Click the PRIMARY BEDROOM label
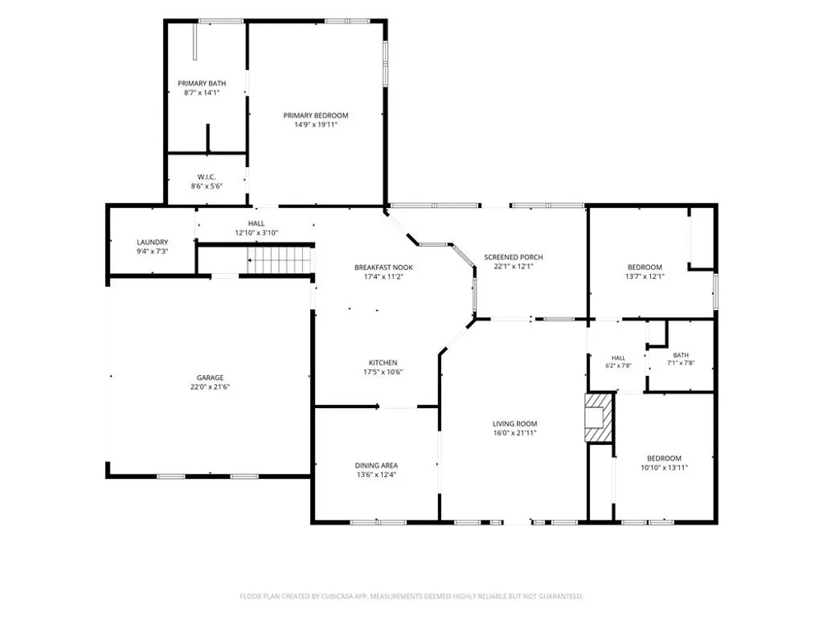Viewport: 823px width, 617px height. click(315, 115)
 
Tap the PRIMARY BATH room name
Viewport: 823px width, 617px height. click(202, 83)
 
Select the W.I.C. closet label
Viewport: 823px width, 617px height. click(207, 177)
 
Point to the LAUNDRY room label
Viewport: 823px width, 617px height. click(152, 243)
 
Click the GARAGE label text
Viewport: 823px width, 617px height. click(210, 378)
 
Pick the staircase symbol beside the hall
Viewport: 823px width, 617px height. click(279, 260)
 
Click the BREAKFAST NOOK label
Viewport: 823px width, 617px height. click(384, 267)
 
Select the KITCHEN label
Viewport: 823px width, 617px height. click(384, 363)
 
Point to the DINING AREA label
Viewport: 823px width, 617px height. click(376, 466)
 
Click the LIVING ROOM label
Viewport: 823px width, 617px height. click(515, 424)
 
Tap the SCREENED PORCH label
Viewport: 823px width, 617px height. click(514, 257)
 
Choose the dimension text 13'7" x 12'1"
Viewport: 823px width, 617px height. click(644, 276)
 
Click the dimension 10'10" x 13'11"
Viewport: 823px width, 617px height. click(664, 467)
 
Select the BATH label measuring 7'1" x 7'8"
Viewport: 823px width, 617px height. click(681, 355)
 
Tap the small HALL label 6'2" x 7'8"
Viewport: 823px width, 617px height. click(618, 359)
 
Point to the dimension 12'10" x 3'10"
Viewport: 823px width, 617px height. click(256, 233)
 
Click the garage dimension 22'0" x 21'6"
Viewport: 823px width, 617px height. click(210, 387)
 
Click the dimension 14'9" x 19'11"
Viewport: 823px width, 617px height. click(315, 125)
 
